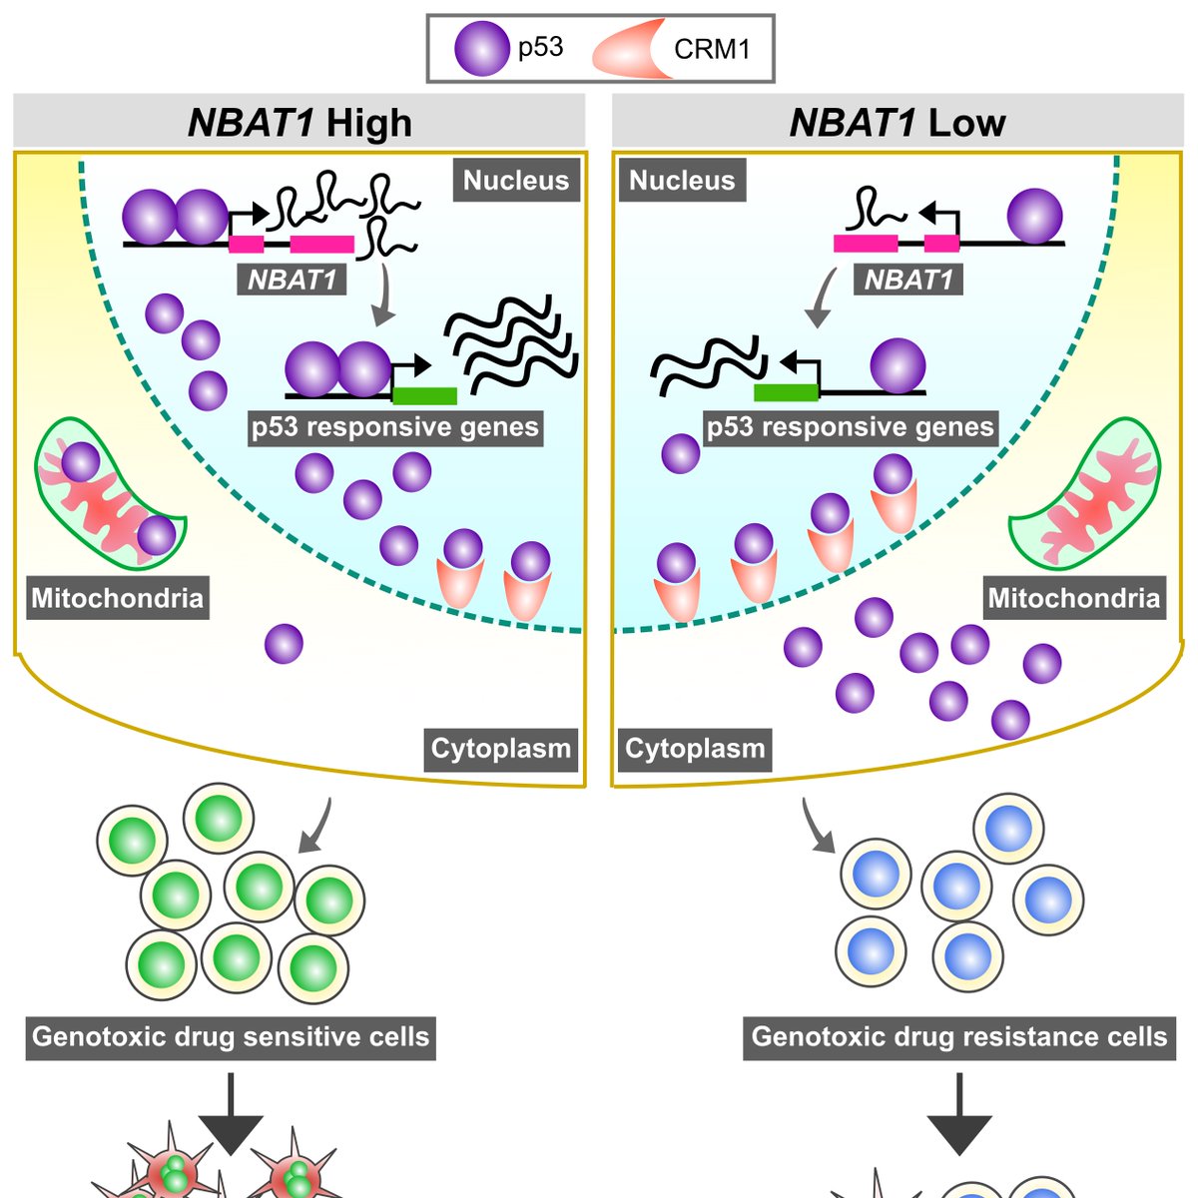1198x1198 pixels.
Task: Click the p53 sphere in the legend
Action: pos(481,49)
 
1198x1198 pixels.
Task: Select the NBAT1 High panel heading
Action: pos(299,123)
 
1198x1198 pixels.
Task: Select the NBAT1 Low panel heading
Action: pos(897,123)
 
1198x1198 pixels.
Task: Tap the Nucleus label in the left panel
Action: pos(516,181)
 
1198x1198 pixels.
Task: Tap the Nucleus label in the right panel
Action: pos(682,181)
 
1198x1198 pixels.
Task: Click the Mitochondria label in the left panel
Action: pos(117,598)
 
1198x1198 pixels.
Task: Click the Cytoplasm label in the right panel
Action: pos(695,748)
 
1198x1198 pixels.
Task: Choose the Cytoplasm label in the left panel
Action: pos(500,748)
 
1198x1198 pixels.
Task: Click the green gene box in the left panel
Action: pos(424,395)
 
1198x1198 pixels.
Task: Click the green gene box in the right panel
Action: pos(786,392)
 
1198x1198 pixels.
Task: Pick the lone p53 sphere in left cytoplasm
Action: pos(284,644)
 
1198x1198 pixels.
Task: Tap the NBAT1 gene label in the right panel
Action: pos(908,280)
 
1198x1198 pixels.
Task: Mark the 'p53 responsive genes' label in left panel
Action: pos(395,427)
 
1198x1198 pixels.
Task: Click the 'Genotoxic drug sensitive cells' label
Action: pos(231,1036)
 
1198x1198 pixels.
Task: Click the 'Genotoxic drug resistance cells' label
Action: pos(958,1036)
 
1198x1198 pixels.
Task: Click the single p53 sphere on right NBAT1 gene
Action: pos(1034,216)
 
